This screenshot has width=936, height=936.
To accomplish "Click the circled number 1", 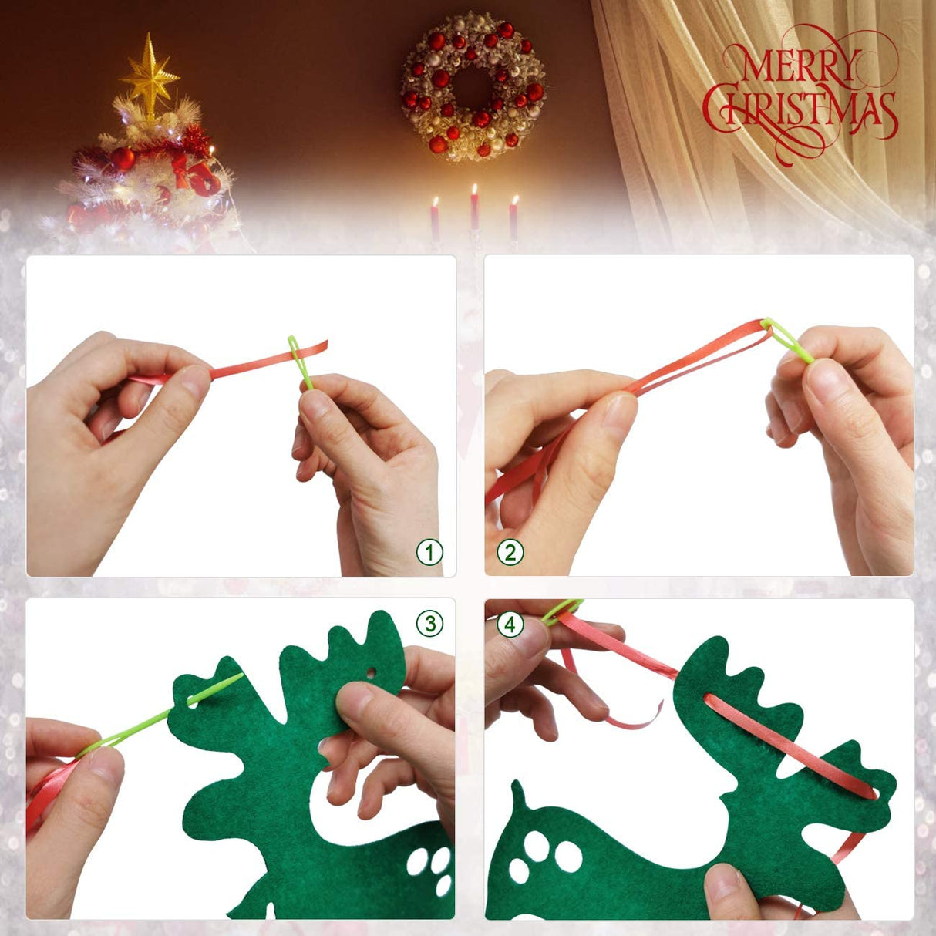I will (x=429, y=552).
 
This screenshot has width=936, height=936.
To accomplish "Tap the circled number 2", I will (x=510, y=552).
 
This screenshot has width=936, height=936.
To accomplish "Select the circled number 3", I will (x=429, y=623).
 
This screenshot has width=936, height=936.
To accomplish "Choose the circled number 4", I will (x=510, y=624).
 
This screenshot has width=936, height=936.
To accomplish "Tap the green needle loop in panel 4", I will (x=561, y=610).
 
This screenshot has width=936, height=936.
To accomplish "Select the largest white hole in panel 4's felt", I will (x=568, y=855).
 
